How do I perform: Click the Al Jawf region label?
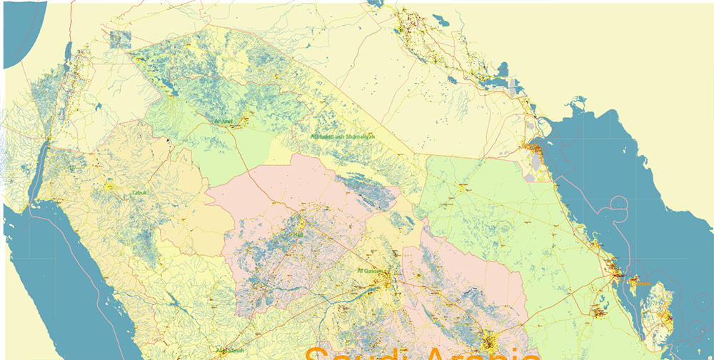coord(223,121)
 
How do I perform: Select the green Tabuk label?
coord(139,193)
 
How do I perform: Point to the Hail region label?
coord(298,234)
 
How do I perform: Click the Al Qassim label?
coord(370,271)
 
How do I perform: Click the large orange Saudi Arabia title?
coord(421,353)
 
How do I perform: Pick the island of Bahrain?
coord(632,284)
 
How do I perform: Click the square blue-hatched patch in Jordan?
coord(121,39)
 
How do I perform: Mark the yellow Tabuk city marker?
coord(110,186)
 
